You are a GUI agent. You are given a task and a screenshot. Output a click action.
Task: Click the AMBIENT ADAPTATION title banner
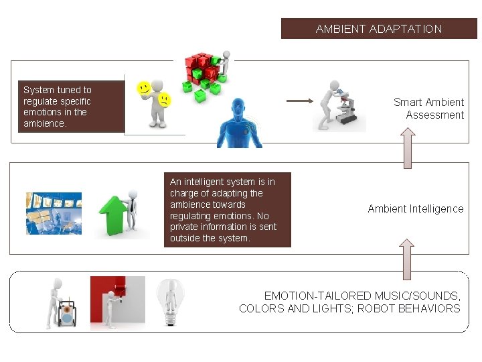[x=378, y=29]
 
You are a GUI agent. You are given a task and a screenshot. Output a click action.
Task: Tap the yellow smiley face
[x=143, y=88]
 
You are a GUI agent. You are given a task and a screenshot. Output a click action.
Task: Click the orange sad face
[x=163, y=100]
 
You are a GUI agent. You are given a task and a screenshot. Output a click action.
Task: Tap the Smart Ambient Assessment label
[x=429, y=109]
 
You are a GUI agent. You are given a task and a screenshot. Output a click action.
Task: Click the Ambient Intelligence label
[x=415, y=208]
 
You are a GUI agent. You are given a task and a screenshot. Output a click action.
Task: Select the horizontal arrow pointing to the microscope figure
[x=299, y=101]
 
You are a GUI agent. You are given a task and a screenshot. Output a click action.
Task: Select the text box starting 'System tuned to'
[x=70, y=107]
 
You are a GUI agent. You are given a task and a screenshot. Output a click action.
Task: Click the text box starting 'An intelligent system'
[x=227, y=210]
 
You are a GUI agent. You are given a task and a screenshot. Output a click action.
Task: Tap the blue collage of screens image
[x=54, y=214]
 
